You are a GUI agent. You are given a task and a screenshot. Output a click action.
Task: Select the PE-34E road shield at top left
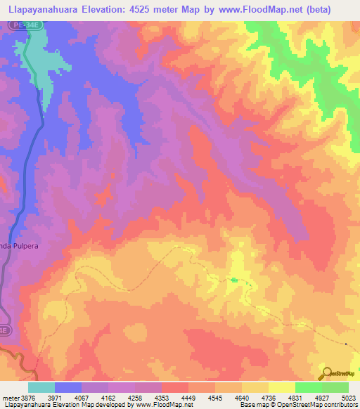pyautogui.click(x=21, y=25)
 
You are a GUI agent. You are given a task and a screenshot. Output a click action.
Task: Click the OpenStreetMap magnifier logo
pyautogui.click(x=326, y=372)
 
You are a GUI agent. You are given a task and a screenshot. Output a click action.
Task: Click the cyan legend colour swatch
pyautogui.click(x=41, y=387)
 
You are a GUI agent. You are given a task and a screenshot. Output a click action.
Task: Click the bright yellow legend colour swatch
pyautogui.click(x=281, y=387)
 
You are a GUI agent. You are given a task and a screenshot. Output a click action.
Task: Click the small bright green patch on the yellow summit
pyautogui.click(x=233, y=280)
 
